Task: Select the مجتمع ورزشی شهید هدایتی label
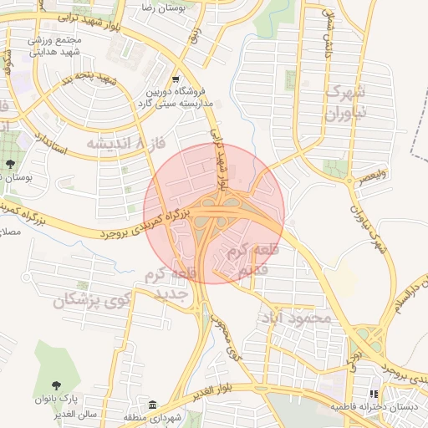pos(57,46)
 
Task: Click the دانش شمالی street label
pos(327,38)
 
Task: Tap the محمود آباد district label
pos(298,318)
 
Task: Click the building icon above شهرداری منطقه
pos(152,405)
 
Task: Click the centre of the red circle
pos(214,213)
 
